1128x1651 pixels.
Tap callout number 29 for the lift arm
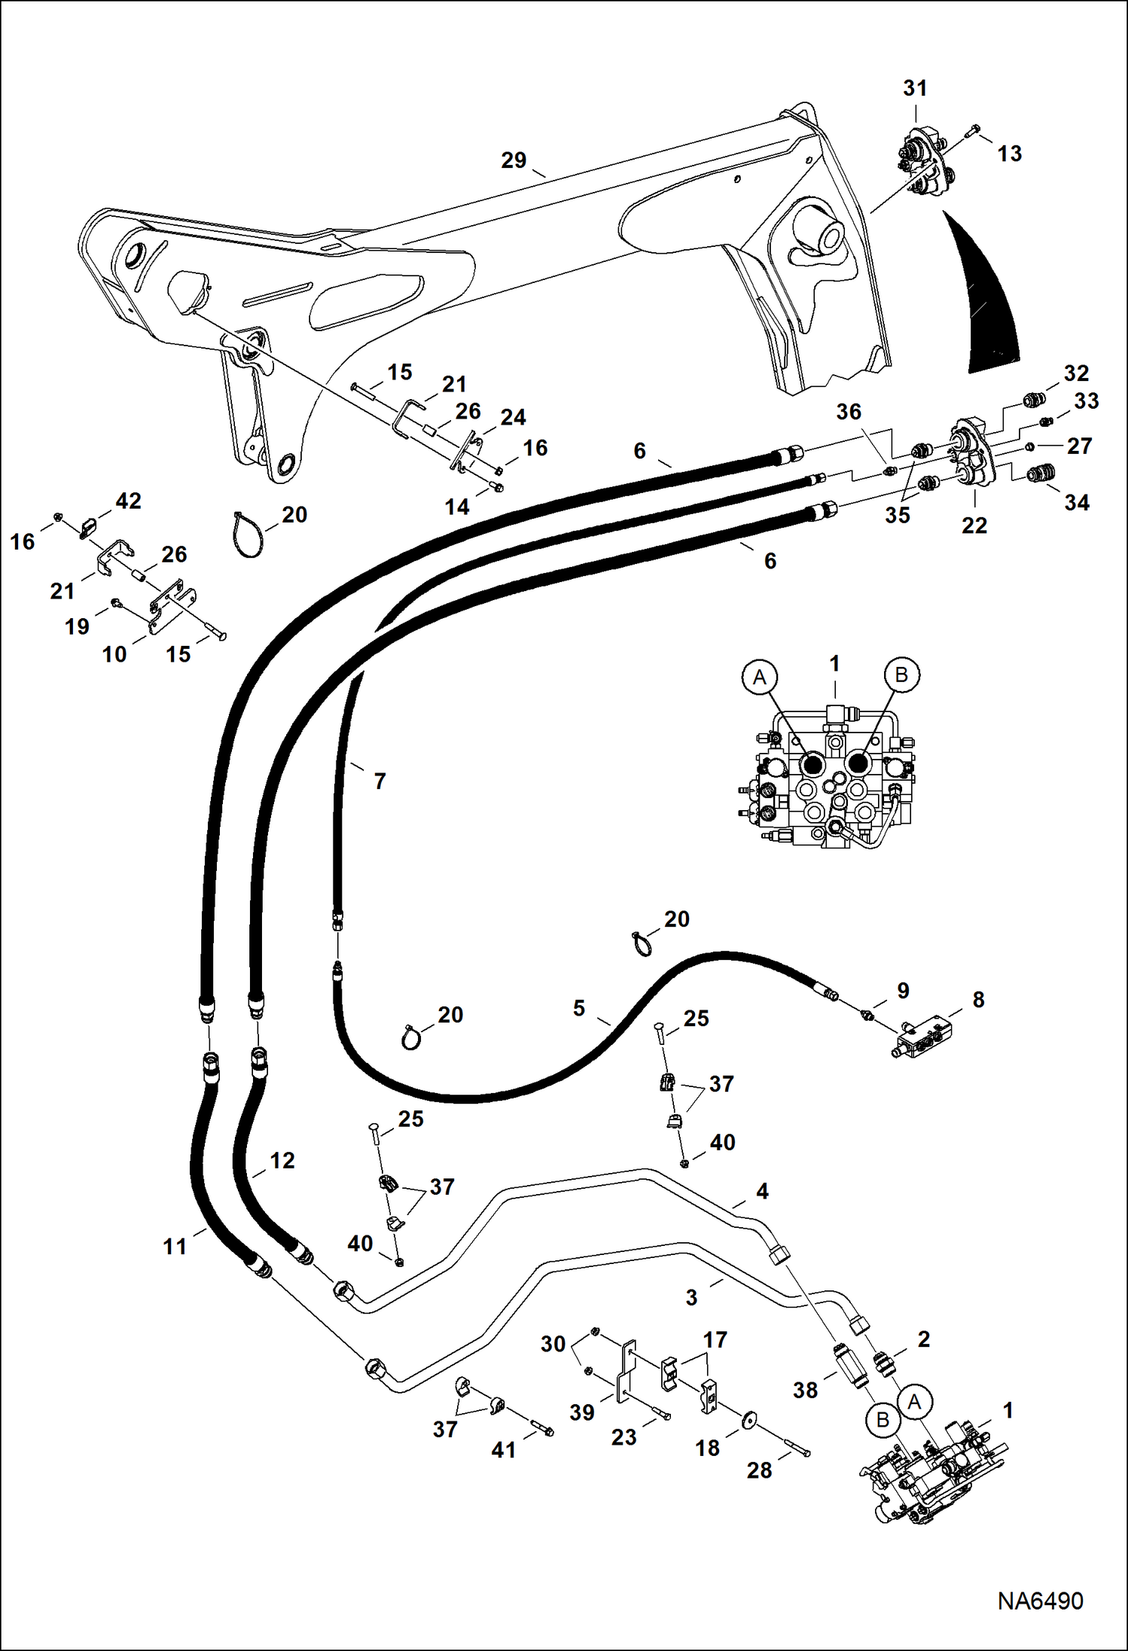[514, 160]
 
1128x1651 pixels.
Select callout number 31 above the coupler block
[915, 88]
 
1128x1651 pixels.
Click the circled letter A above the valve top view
[759, 677]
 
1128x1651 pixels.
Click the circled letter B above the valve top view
[901, 675]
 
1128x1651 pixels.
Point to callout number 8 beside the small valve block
[978, 1000]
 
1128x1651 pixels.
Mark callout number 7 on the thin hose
[380, 781]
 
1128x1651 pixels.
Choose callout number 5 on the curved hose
[578, 1008]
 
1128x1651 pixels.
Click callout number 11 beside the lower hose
[175, 1247]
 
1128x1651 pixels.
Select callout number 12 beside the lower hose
[282, 1160]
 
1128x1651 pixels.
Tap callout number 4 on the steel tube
[762, 1191]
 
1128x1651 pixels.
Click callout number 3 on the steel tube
[691, 1297]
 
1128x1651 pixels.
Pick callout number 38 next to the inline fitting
[805, 1390]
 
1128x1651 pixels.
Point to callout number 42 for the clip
[128, 501]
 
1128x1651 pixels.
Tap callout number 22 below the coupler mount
[974, 525]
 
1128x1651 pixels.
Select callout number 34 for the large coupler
[1077, 502]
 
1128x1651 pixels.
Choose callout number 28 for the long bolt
[759, 1470]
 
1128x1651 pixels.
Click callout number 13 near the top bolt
[1010, 154]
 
